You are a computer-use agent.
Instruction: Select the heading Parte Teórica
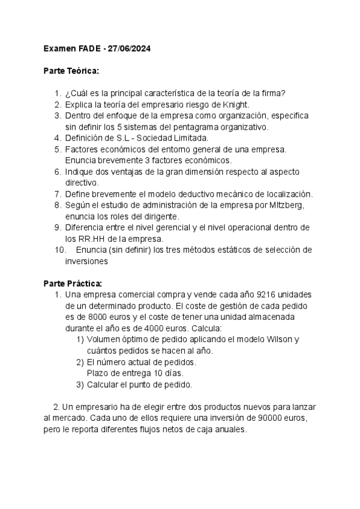click(71, 71)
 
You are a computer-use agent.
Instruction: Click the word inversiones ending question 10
click(86, 261)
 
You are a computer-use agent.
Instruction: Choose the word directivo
click(81, 183)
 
